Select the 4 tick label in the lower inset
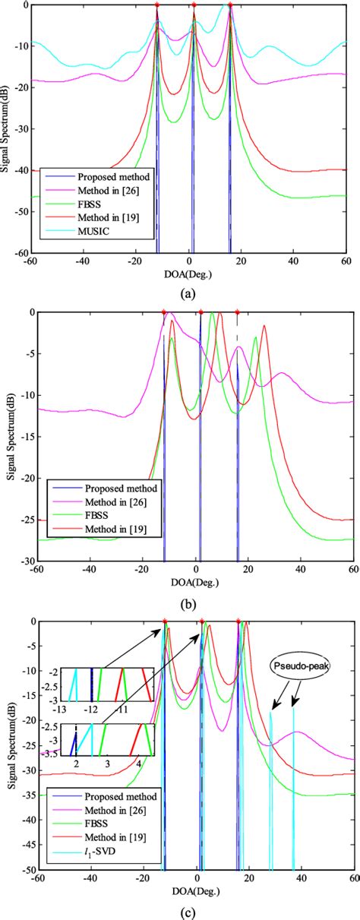[x=138, y=763]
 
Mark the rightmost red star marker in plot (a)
[x=230, y=5]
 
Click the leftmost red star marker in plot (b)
[x=164, y=312]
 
